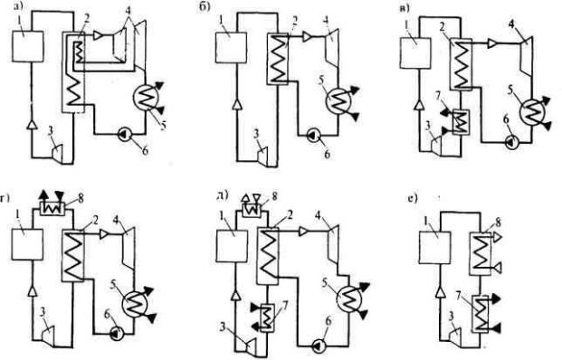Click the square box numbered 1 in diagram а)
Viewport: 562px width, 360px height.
tap(28, 46)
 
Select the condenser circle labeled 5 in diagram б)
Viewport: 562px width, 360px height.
tap(338, 100)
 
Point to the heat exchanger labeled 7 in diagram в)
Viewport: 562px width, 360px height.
tap(461, 122)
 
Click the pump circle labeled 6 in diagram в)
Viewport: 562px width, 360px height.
tap(511, 142)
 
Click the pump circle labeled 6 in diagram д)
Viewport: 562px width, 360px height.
tap(319, 346)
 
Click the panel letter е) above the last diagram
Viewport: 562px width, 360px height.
tap(413, 198)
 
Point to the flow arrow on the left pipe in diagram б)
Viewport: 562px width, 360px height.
tap(236, 105)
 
